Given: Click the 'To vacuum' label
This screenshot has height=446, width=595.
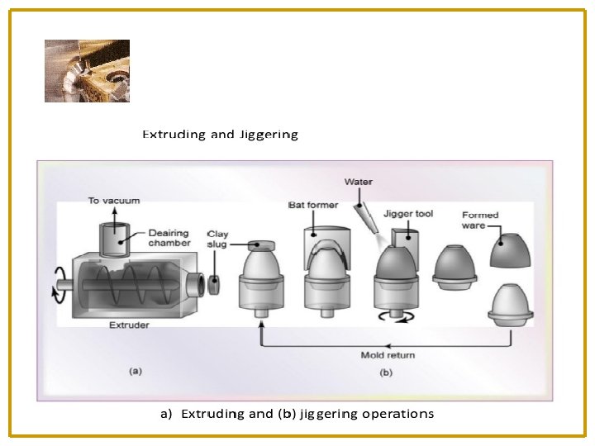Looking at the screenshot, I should coord(113,201).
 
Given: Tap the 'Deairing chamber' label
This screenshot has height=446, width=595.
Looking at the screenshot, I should coord(169,238).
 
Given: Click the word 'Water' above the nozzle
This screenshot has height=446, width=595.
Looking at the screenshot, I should coord(358,182).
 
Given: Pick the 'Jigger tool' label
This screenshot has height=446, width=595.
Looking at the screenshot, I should coord(408,214).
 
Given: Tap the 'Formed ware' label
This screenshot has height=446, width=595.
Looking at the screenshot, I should coord(480,220).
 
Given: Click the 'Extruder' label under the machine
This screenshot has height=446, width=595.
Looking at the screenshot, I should coord(129,325).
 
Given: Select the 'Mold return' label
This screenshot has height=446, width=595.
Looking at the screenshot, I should coord(388,355).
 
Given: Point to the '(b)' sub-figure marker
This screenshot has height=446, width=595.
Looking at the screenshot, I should coord(385,372).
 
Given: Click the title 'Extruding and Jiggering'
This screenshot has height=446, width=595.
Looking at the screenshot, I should coord(220,134).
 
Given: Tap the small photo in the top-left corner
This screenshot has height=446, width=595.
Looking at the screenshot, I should coord(87,70).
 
